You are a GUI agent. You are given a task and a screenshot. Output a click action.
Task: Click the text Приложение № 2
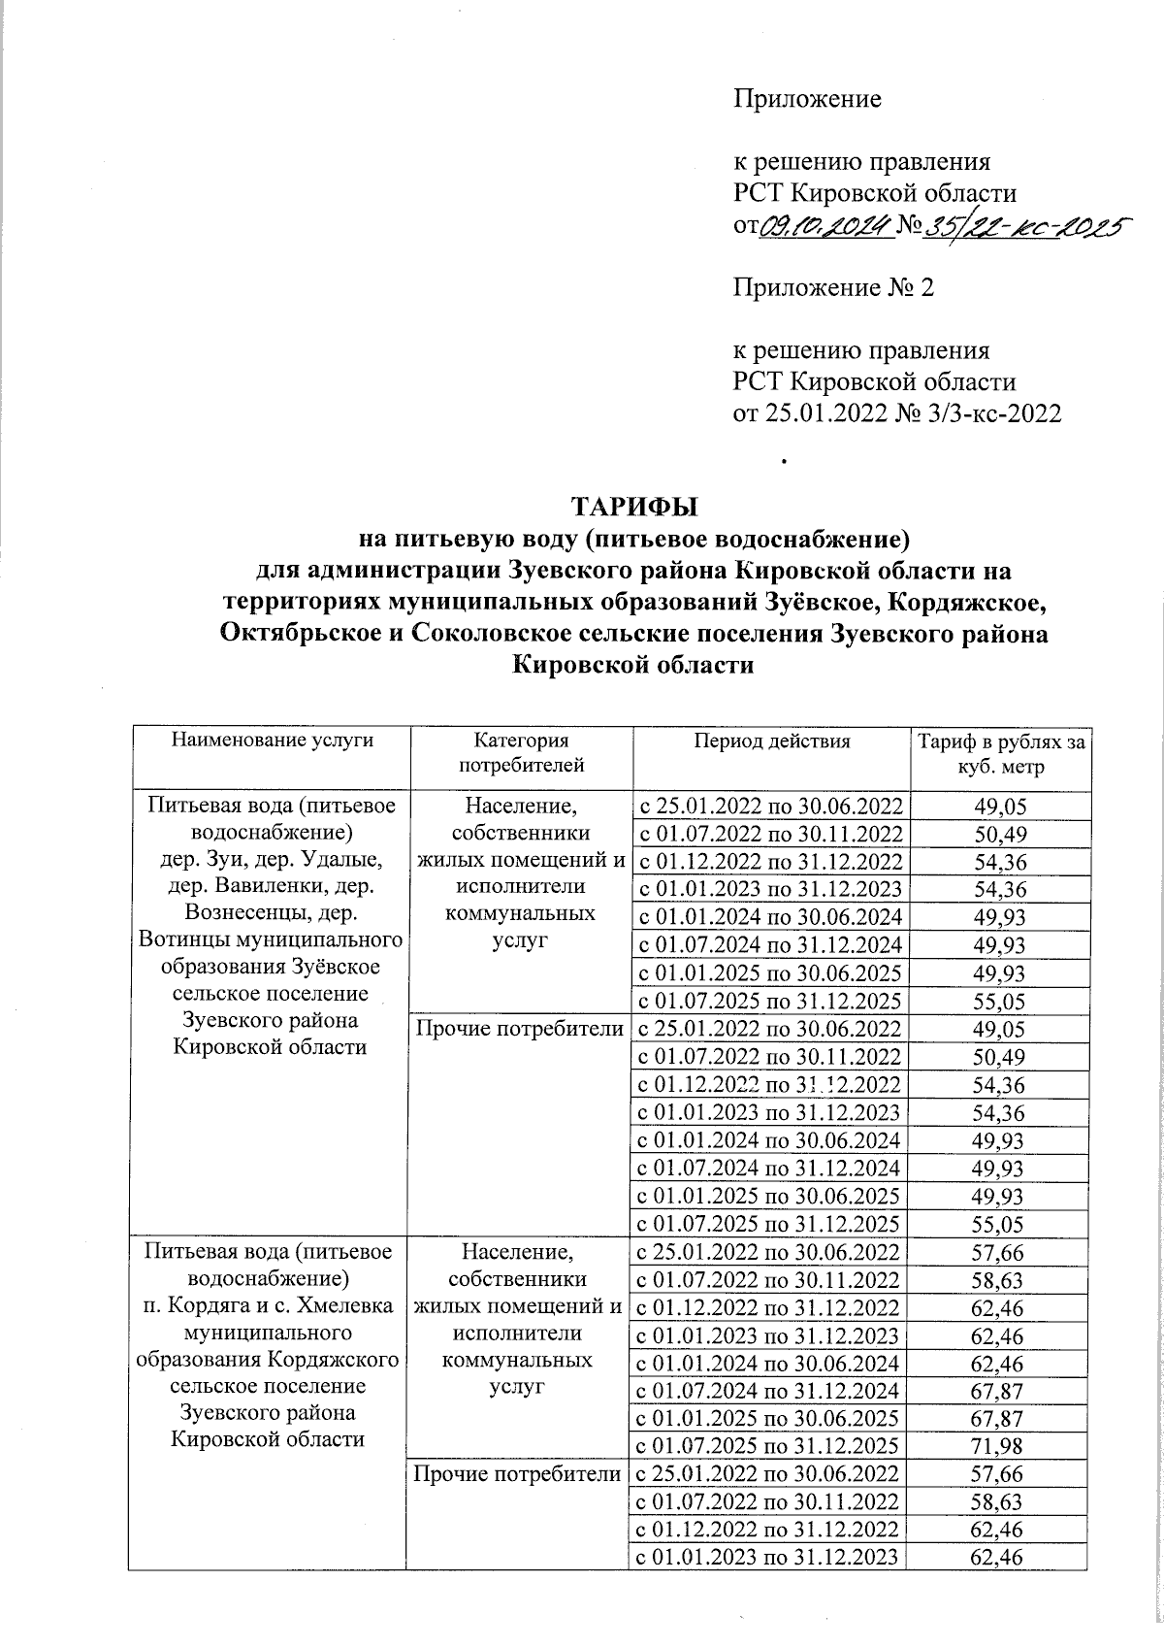pos(832,287)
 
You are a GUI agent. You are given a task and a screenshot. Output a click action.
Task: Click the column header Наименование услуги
pos(272,741)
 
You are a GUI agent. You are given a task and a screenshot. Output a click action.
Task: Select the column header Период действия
pos(771,741)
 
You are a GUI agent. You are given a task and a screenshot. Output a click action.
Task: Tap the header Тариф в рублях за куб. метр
pos(999,754)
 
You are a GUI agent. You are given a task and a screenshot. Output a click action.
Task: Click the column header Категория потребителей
pos(521,753)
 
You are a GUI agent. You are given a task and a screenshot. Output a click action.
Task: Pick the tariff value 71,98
pos(999,1447)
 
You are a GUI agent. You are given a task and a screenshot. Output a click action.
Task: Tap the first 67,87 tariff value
pos(999,1392)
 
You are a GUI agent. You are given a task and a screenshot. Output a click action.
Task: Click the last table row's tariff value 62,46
pos(999,1559)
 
